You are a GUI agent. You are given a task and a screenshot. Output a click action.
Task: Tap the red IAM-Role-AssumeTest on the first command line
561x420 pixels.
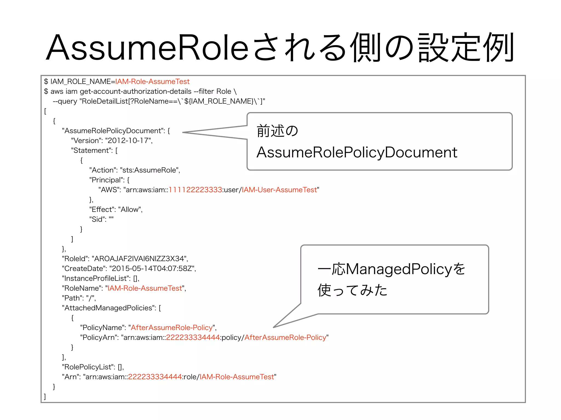point(152,81)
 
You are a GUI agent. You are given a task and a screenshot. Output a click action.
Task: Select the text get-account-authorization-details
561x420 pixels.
point(136,91)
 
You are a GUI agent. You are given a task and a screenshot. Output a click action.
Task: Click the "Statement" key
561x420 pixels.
point(92,150)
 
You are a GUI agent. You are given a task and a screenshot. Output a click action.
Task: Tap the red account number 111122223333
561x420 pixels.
point(195,190)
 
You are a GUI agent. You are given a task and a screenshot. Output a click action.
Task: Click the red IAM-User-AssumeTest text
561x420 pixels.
point(279,190)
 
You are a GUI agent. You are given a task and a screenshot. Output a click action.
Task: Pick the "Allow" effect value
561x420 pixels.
point(130,209)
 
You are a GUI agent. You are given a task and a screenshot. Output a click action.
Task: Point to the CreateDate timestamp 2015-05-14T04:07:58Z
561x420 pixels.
point(152,269)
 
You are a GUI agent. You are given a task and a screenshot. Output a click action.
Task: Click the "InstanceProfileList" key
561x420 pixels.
point(96,278)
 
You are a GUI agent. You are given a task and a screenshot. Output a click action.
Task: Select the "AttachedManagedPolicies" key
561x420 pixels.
point(108,308)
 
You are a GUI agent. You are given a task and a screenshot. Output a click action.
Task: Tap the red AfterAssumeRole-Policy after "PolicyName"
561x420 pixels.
point(172,328)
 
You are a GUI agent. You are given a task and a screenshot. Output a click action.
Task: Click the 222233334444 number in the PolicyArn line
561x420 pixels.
point(193,337)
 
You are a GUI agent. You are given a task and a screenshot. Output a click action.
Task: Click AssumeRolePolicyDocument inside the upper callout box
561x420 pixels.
point(357,152)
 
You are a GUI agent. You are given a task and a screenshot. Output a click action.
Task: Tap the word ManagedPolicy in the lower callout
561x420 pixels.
point(399,269)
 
